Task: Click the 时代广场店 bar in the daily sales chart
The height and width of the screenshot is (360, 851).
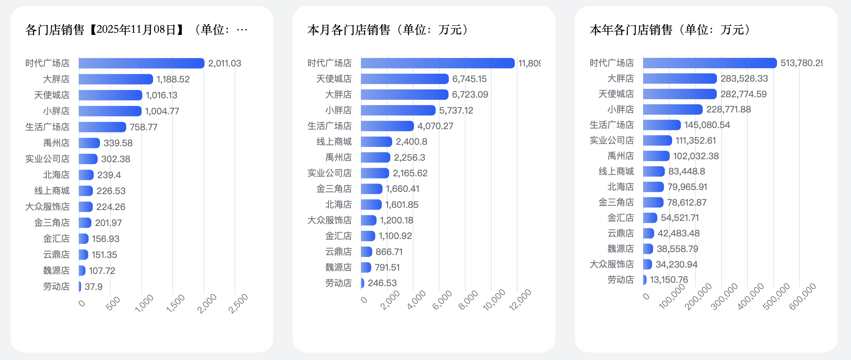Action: point(141,63)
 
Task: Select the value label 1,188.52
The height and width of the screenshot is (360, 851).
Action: point(173,79)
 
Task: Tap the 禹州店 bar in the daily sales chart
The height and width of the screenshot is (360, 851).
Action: point(89,143)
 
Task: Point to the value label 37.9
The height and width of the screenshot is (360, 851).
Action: point(94,287)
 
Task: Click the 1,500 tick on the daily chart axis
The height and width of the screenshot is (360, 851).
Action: point(176,303)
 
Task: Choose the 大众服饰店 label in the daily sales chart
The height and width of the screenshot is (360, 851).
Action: point(48,207)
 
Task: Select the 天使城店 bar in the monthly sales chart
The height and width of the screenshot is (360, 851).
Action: point(405,79)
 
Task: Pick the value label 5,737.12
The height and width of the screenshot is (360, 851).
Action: point(456,111)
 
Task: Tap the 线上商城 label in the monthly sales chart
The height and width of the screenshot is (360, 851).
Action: point(334,142)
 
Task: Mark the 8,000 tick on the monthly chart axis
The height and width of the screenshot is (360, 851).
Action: point(469,300)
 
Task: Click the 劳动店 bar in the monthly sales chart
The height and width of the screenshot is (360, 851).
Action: point(362,283)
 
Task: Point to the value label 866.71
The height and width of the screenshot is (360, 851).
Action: point(389,252)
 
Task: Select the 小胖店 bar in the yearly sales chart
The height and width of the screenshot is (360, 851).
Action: point(673,109)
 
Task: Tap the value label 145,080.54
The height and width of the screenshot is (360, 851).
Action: point(707,125)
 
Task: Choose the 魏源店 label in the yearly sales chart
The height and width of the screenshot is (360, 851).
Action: point(620,249)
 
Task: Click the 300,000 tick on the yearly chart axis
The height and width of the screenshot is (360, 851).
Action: point(724,296)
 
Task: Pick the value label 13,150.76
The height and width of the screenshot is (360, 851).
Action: point(669,280)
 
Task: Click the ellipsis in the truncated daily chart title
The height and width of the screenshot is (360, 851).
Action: point(242,30)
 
